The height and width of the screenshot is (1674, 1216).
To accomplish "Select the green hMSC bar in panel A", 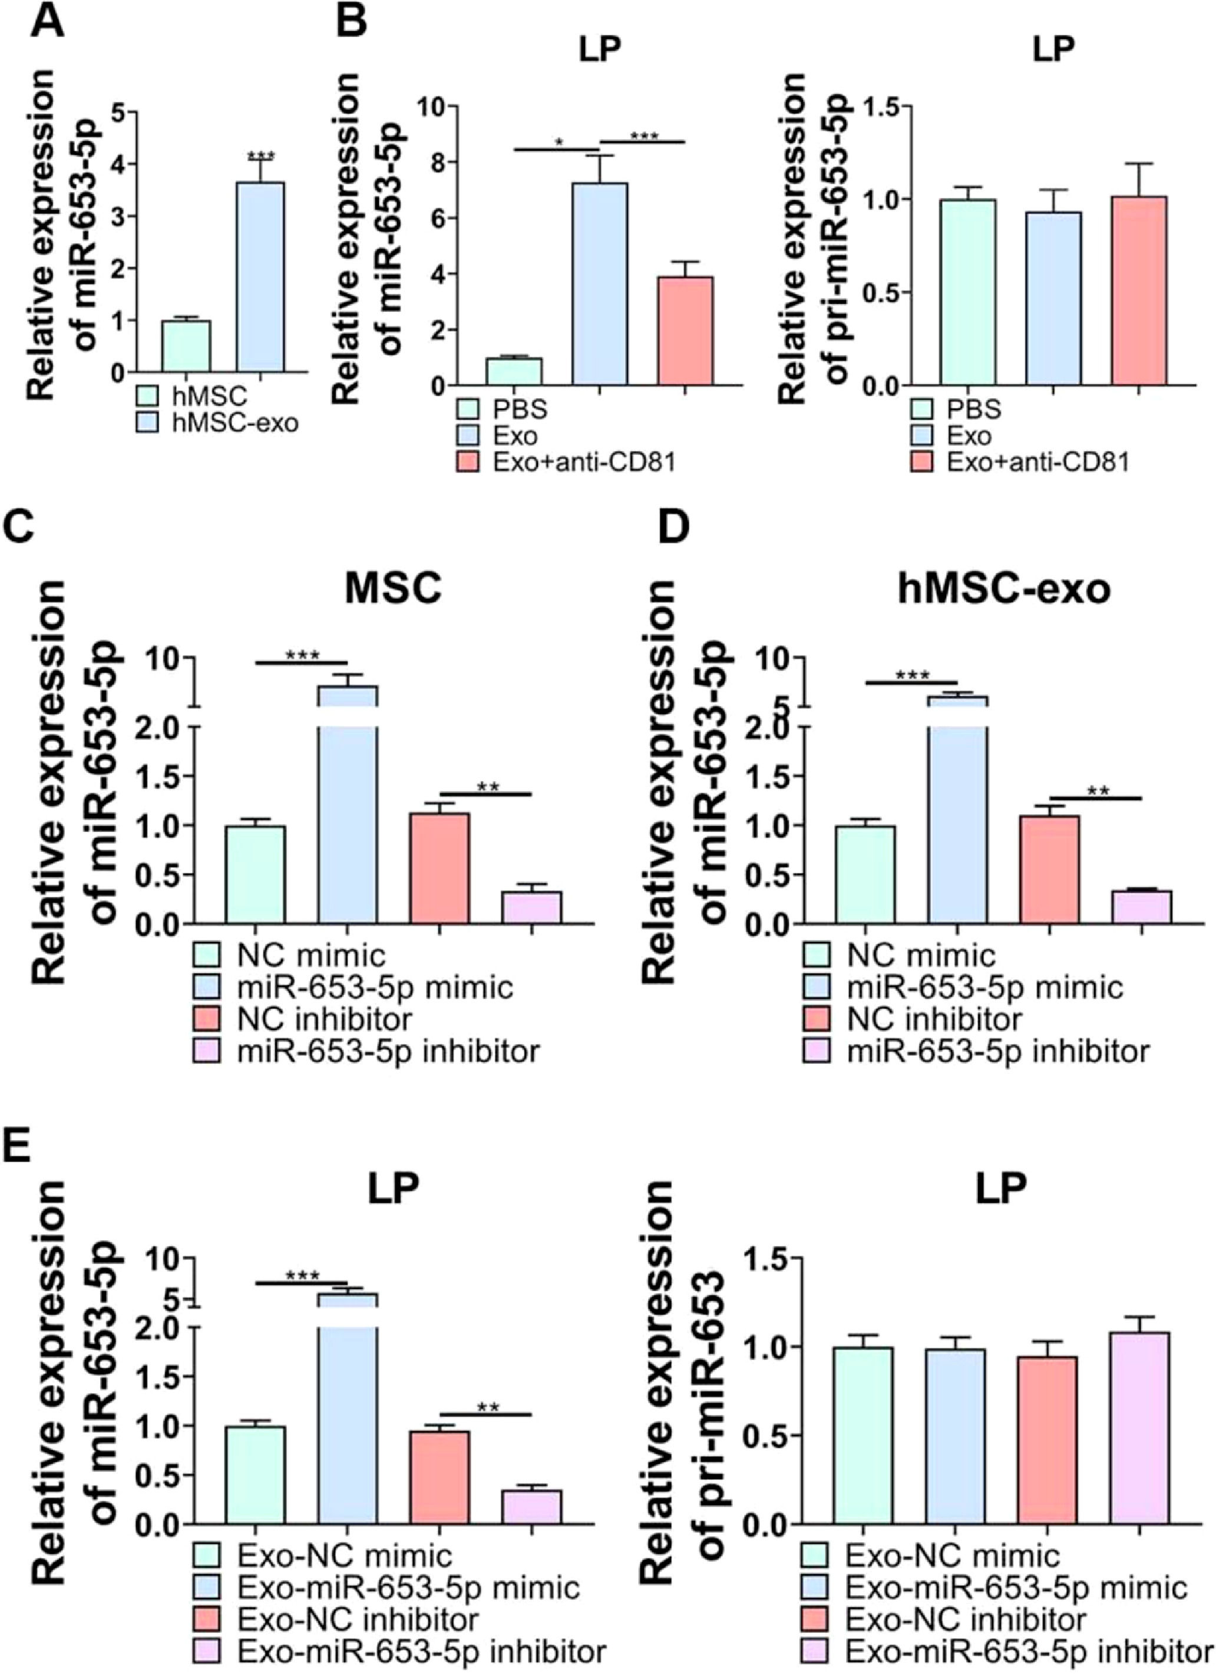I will (186, 346).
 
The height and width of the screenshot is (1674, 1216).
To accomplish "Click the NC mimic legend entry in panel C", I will (310, 956).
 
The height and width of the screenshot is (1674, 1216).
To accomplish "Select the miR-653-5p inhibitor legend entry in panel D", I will (996, 1050).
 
